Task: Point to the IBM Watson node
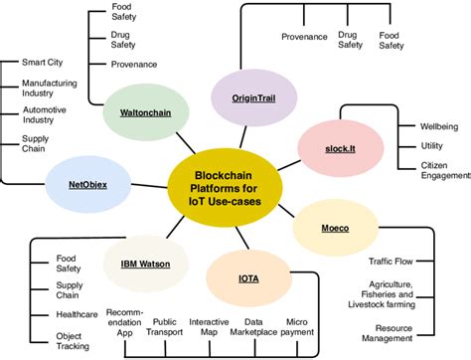pos(144,264)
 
